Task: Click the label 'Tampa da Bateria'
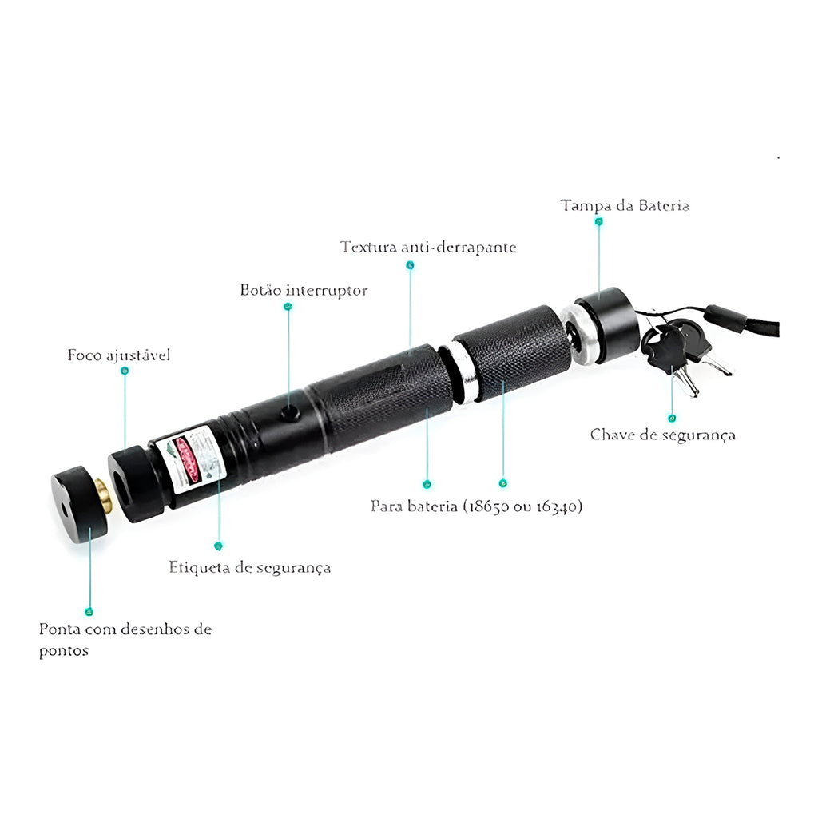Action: pyautogui.click(x=625, y=205)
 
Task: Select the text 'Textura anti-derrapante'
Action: pyautogui.click(x=428, y=247)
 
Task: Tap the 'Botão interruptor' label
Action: pyautogui.click(x=304, y=290)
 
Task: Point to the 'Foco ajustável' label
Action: pyautogui.click(x=119, y=355)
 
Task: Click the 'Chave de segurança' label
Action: pyautogui.click(x=662, y=435)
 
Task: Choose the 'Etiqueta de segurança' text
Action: pyautogui.click(x=250, y=568)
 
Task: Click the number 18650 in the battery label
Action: pyautogui.click(x=488, y=506)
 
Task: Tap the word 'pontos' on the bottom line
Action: pyautogui.click(x=64, y=651)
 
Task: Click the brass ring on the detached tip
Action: pyautogui.click(x=104, y=496)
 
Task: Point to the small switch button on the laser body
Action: pyautogui.click(x=290, y=413)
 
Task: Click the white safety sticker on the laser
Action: pyautogui.click(x=190, y=459)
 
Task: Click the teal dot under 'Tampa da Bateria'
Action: pyautogui.click(x=599, y=222)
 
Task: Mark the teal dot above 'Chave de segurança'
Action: pyautogui.click(x=672, y=419)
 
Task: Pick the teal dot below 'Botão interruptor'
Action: pyautogui.click(x=288, y=307)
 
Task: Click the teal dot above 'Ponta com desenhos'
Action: pyautogui.click(x=89, y=612)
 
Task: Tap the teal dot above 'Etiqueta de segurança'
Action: pyautogui.click(x=219, y=546)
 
